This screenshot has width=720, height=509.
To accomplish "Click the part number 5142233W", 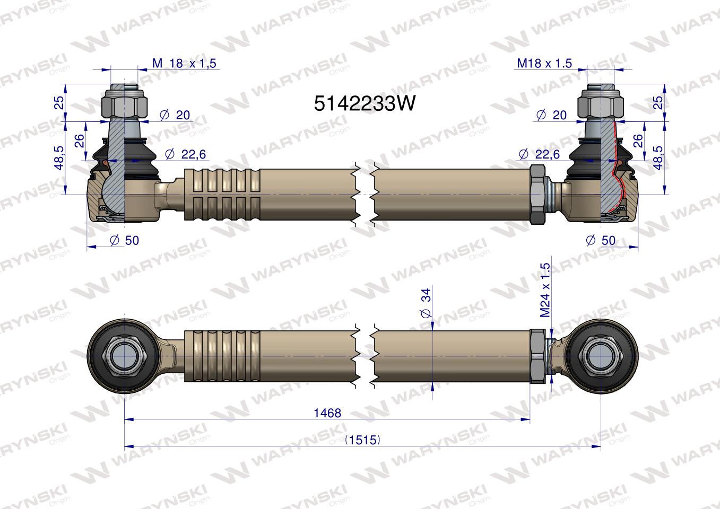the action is point(365,103).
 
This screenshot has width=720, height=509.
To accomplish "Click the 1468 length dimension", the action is point(327,413).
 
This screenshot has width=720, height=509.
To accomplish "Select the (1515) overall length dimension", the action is point(362,440).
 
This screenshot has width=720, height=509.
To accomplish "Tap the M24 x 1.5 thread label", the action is point(545,291).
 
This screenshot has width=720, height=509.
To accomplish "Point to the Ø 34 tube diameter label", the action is point(426,303).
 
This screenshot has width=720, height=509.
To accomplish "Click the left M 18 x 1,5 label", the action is point(184,63).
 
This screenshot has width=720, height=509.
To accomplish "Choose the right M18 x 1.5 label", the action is point(544,63).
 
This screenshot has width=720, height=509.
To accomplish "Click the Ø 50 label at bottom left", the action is point(124,240).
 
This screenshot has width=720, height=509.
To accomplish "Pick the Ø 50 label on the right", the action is point(601,240).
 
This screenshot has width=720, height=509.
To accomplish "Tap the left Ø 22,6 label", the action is point(185,154).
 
